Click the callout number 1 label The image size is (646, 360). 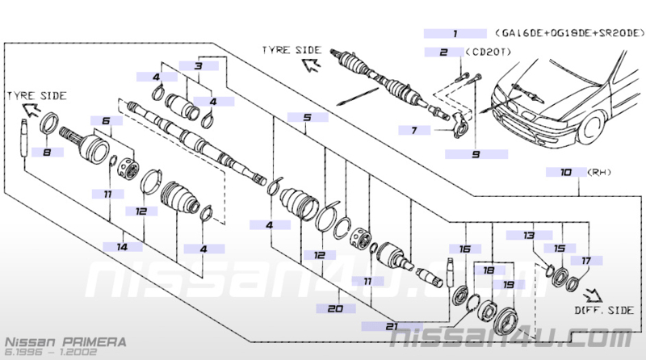[455, 34]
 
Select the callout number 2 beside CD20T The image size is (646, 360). [443, 52]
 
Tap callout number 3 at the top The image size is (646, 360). [199, 66]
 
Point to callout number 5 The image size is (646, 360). [308, 117]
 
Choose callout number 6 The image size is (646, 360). [107, 121]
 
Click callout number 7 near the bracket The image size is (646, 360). [414, 131]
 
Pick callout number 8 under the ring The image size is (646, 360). [47, 153]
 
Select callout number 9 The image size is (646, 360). [476, 154]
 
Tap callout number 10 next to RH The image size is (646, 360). [566, 172]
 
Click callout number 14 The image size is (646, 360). [123, 247]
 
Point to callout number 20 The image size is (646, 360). [335, 308]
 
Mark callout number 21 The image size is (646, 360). [392, 326]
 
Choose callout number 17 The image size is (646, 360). [586, 261]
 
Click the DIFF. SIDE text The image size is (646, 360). [604, 310]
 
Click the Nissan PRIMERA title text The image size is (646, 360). [65, 342]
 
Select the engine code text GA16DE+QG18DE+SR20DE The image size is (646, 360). [570, 33]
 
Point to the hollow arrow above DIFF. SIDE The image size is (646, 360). [593, 295]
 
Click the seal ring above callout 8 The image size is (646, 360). [49, 123]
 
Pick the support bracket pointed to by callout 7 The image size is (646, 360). [459, 125]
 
